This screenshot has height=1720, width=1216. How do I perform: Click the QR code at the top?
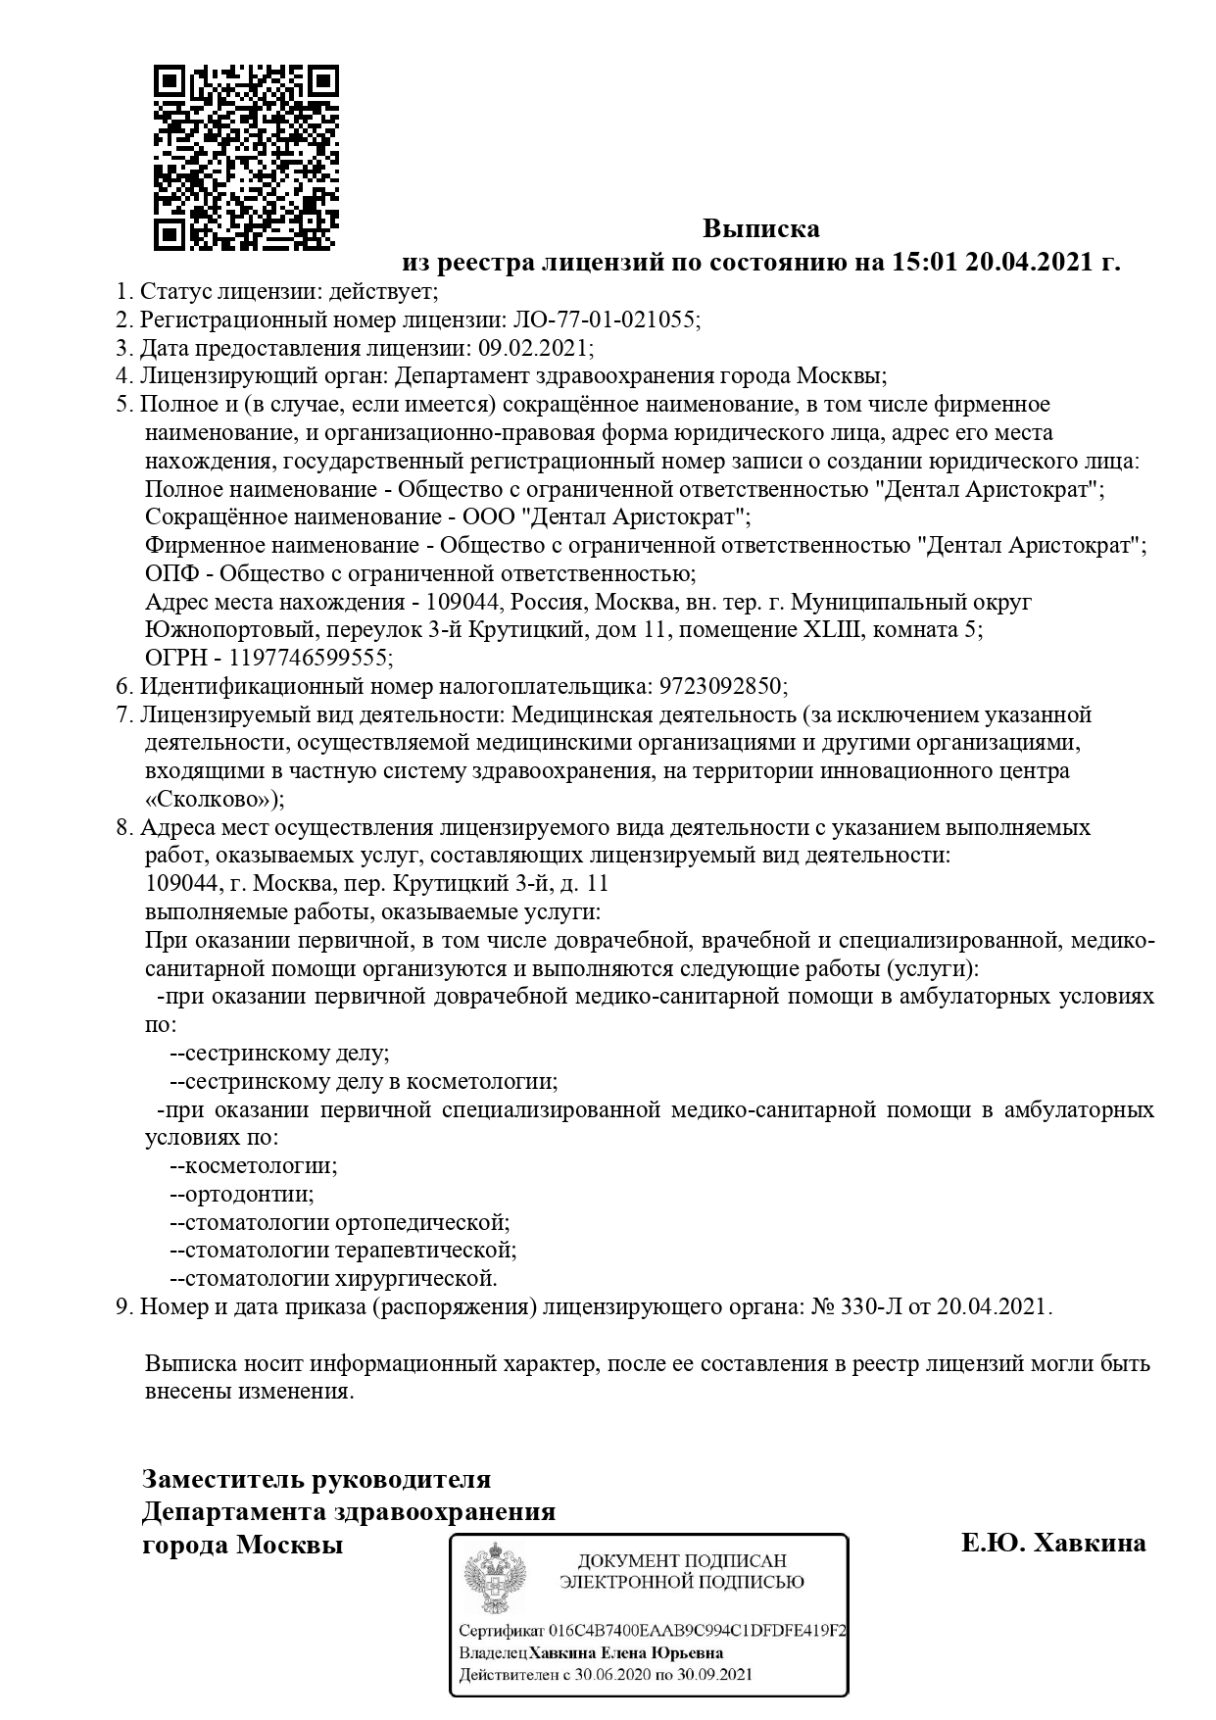click(x=247, y=157)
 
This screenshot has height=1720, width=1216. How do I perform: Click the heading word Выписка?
click(x=760, y=229)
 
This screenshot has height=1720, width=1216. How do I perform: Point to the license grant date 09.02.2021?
click(x=533, y=348)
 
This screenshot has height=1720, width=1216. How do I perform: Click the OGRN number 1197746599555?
click(x=308, y=658)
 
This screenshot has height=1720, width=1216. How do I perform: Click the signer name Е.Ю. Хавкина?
click(x=1052, y=1544)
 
